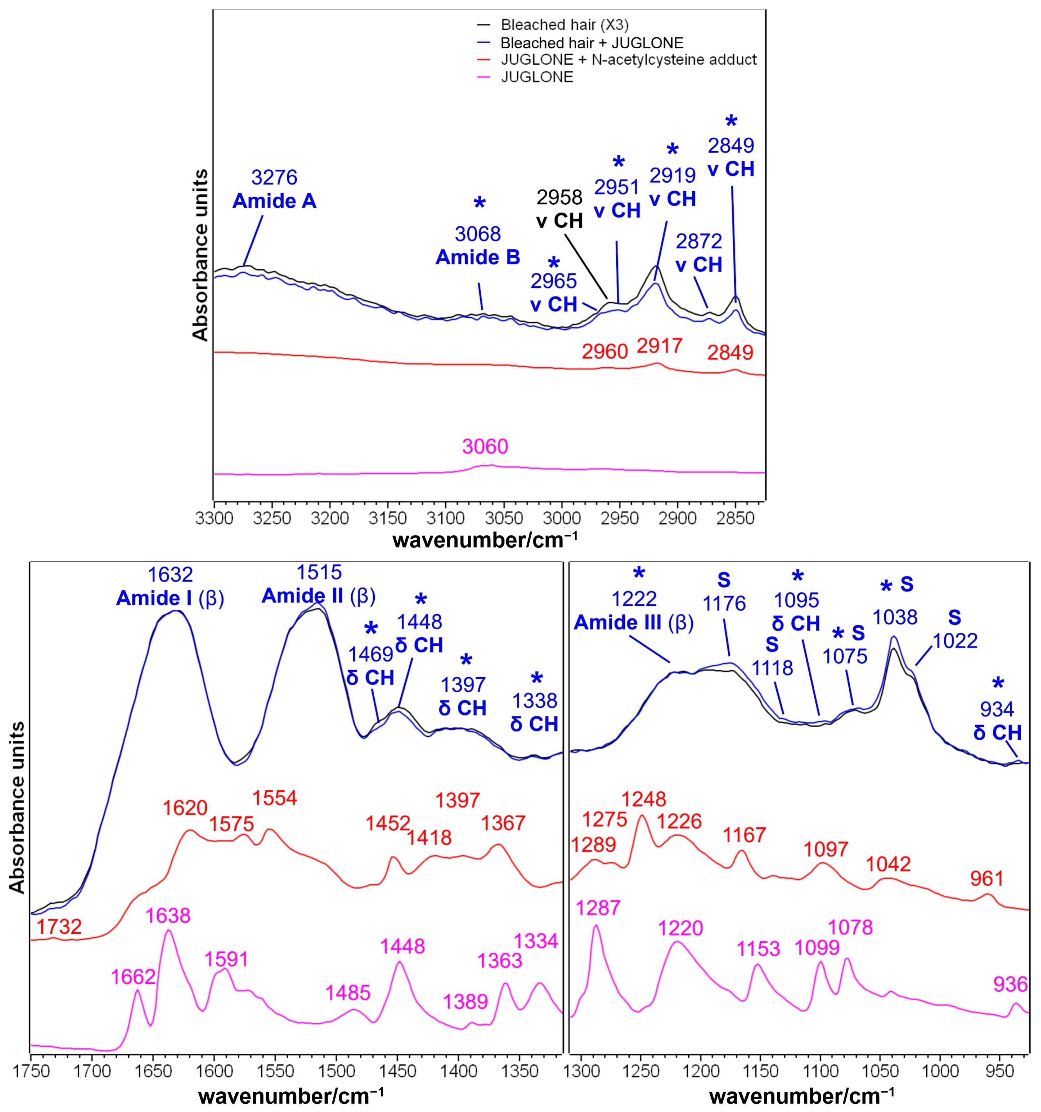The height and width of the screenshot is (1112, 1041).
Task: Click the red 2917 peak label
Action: coord(660,346)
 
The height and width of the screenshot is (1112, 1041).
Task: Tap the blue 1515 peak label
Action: coord(319,572)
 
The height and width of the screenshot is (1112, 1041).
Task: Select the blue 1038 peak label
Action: coord(895,617)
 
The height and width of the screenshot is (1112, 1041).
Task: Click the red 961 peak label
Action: coord(987,879)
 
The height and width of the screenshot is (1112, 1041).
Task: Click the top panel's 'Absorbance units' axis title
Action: coord(200,254)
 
